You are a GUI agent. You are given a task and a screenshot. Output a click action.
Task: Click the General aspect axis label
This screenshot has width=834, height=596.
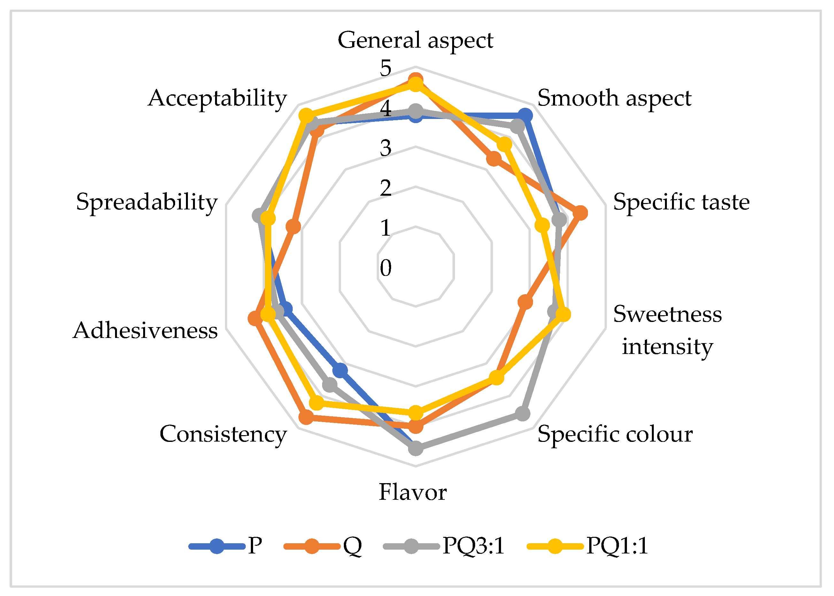[x=415, y=40]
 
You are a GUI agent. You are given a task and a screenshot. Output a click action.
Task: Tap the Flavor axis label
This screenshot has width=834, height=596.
[x=413, y=492]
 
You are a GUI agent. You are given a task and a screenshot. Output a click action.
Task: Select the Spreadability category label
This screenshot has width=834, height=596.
[x=147, y=202]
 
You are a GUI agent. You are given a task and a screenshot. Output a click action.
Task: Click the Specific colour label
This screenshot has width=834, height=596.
[x=615, y=434]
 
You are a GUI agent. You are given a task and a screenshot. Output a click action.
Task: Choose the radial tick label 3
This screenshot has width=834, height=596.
[x=385, y=148]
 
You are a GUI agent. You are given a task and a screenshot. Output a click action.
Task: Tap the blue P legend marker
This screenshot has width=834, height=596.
[x=217, y=546]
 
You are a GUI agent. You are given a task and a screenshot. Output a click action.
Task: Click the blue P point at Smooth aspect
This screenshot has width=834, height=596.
[x=525, y=116]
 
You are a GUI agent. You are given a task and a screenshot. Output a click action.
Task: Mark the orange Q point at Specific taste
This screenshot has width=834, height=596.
[x=580, y=213]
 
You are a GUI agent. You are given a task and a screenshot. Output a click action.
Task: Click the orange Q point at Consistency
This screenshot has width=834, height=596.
[x=306, y=417]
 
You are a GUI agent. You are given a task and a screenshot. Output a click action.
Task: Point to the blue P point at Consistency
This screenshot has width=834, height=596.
[x=340, y=371]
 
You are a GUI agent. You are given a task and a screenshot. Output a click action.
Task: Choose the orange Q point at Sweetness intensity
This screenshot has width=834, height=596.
[x=525, y=302]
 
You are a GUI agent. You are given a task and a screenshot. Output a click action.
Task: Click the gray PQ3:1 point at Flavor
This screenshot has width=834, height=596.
[x=415, y=448]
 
